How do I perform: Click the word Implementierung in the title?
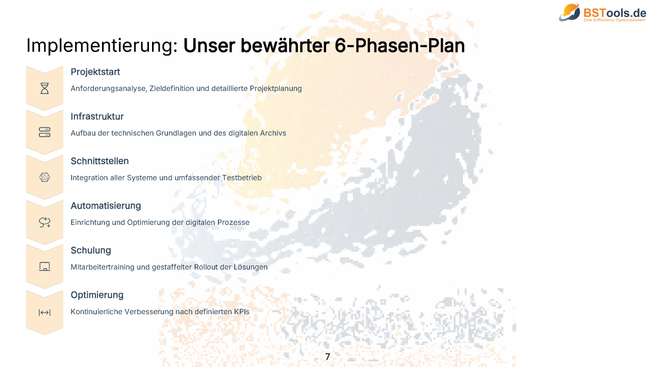pyautogui.click(x=102, y=46)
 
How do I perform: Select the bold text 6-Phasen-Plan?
pyautogui.click(x=399, y=46)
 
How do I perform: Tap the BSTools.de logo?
pyautogui.click(x=602, y=13)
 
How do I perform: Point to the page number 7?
pyautogui.click(x=328, y=356)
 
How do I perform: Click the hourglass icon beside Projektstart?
pyautogui.click(x=44, y=88)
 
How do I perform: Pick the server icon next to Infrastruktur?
pyautogui.click(x=44, y=132)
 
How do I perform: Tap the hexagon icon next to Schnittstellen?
pyautogui.click(x=44, y=177)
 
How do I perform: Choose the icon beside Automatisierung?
pyautogui.click(x=44, y=222)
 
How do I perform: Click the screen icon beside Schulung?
pyautogui.click(x=44, y=266)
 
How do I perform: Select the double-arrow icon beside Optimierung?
pyautogui.click(x=44, y=312)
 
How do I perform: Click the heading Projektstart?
pyautogui.click(x=95, y=72)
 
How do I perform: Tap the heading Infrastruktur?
pyautogui.click(x=97, y=117)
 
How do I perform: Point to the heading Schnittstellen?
pyautogui.click(x=99, y=161)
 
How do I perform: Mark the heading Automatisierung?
pyautogui.click(x=106, y=206)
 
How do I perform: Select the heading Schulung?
pyautogui.click(x=91, y=250)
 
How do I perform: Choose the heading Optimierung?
pyautogui.click(x=97, y=295)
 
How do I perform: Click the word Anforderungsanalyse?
pyautogui.click(x=109, y=89)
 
